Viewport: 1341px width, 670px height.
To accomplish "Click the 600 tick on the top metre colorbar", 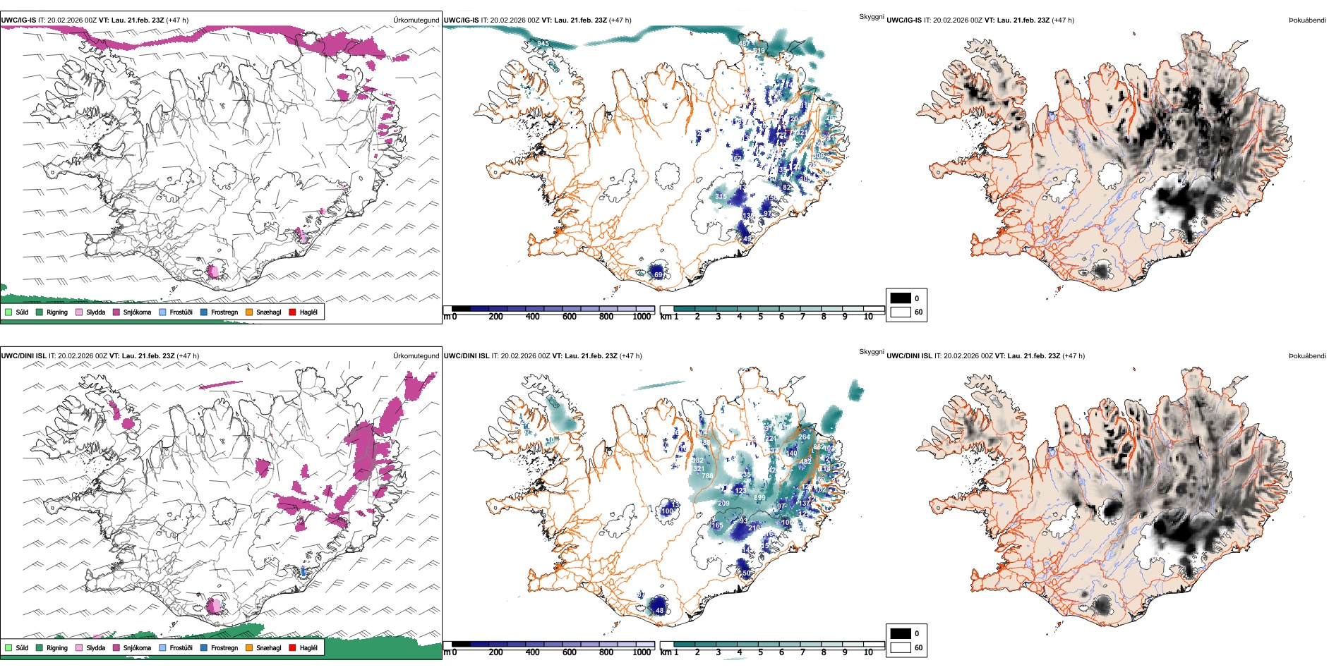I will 569,317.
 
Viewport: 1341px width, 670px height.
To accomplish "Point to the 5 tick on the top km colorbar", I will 760,317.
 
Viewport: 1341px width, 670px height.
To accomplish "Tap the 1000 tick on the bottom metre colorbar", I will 642,652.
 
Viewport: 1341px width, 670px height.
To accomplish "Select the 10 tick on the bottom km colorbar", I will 868,652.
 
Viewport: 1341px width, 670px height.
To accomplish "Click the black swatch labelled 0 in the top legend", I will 901,298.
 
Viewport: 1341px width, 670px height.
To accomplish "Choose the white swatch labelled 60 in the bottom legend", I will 901,647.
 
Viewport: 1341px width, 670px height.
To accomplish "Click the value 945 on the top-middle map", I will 542,44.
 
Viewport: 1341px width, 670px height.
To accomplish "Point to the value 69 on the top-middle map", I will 658,274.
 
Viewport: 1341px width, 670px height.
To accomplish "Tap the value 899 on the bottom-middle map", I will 759,498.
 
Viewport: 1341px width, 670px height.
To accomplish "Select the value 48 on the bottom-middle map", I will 659,610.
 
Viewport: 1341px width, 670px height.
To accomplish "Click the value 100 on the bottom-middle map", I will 667,511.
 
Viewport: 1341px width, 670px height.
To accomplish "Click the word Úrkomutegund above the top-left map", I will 416,20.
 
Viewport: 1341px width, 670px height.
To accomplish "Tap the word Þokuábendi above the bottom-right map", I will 1307,356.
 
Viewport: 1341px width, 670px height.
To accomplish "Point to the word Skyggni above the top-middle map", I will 871,16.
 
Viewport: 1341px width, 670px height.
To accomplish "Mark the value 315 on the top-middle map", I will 721,197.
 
